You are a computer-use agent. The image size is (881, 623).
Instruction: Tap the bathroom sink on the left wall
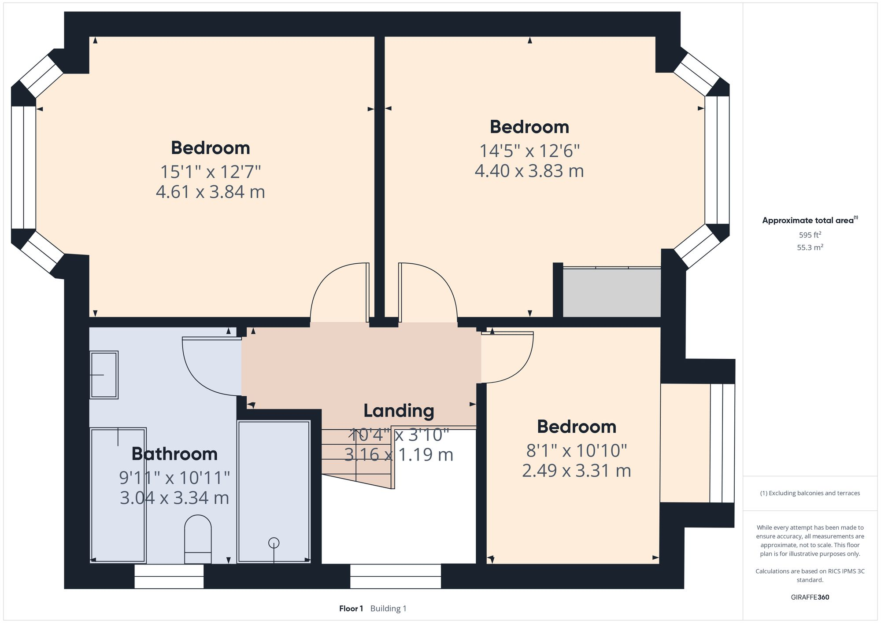104,375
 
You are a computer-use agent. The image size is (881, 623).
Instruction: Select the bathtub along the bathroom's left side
118,495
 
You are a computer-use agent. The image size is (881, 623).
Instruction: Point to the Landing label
399,411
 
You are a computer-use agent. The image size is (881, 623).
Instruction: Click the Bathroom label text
174,454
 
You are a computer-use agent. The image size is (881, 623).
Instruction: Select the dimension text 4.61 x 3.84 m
210,192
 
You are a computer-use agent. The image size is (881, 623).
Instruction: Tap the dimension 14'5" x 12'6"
529,151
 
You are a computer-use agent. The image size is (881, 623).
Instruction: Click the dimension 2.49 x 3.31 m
576,471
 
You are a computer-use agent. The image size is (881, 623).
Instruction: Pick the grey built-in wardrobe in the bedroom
611,292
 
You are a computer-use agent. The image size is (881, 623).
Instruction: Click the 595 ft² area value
810,235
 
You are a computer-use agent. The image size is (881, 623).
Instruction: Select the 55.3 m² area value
810,247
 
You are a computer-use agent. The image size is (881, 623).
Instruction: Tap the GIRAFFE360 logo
810,597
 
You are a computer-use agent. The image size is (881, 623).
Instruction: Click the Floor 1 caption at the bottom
351,608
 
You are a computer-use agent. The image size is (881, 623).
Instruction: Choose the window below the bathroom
169,576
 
